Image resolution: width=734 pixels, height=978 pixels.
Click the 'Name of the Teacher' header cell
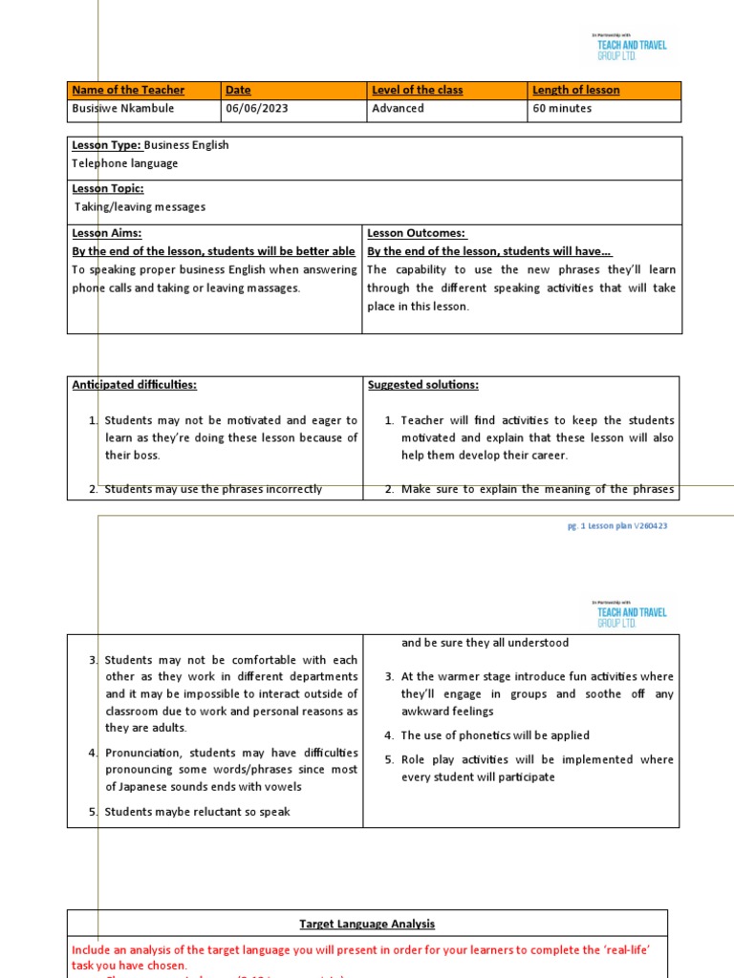pyautogui.click(x=128, y=90)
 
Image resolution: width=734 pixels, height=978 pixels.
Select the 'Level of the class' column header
pyautogui.click(x=417, y=90)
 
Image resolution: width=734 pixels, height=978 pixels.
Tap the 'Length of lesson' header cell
pyautogui.click(x=575, y=90)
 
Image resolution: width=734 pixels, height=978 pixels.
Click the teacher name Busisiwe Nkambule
pyautogui.click(x=122, y=108)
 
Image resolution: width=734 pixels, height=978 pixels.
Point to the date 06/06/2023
pyautogui.click(x=256, y=108)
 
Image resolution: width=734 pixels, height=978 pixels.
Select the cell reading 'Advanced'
pyautogui.click(x=398, y=108)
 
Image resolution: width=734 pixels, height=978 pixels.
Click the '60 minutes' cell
pyautogui.click(x=562, y=108)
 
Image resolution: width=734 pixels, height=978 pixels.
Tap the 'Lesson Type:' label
pyautogui.click(x=107, y=145)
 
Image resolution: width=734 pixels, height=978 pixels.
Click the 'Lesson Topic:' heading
pyautogui.click(x=108, y=189)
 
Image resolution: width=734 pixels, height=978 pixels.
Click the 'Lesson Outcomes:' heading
pyautogui.click(x=416, y=233)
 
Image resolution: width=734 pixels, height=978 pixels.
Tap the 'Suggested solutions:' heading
pyautogui.click(x=422, y=384)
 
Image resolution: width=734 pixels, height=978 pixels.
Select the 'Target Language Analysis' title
pyautogui.click(x=367, y=924)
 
